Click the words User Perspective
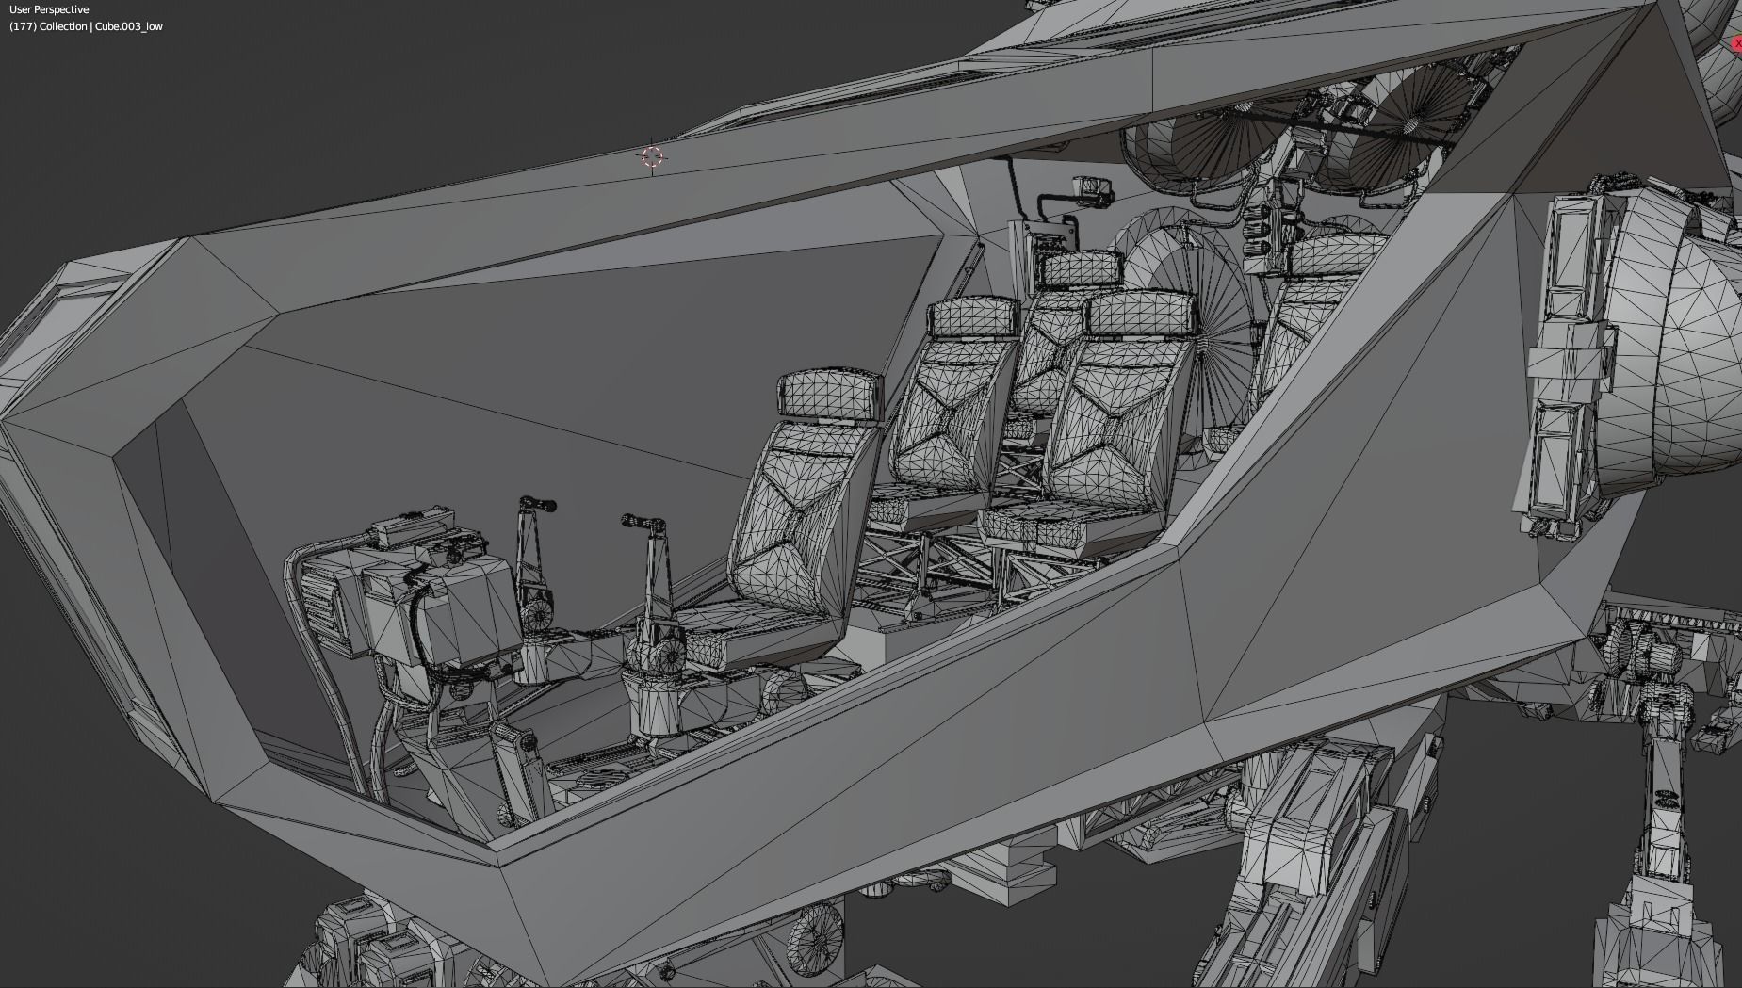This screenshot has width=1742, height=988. pyautogui.click(x=49, y=9)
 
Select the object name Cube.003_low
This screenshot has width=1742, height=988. pyautogui.click(x=129, y=26)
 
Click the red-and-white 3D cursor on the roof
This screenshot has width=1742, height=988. pyautogui.click(x=652, y=156)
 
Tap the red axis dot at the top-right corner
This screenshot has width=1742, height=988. pyautogui.click(x=1736, y=43)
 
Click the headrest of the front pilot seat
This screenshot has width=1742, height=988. pyautogui.click(x=830, y=394)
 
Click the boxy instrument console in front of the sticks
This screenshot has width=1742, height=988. pyautogui.click(x=443, y=603)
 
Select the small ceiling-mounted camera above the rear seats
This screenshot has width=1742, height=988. pyautogui.click(x=1092, y=188)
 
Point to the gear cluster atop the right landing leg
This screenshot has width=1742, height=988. pyautogui.click(x=1639, y=650)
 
